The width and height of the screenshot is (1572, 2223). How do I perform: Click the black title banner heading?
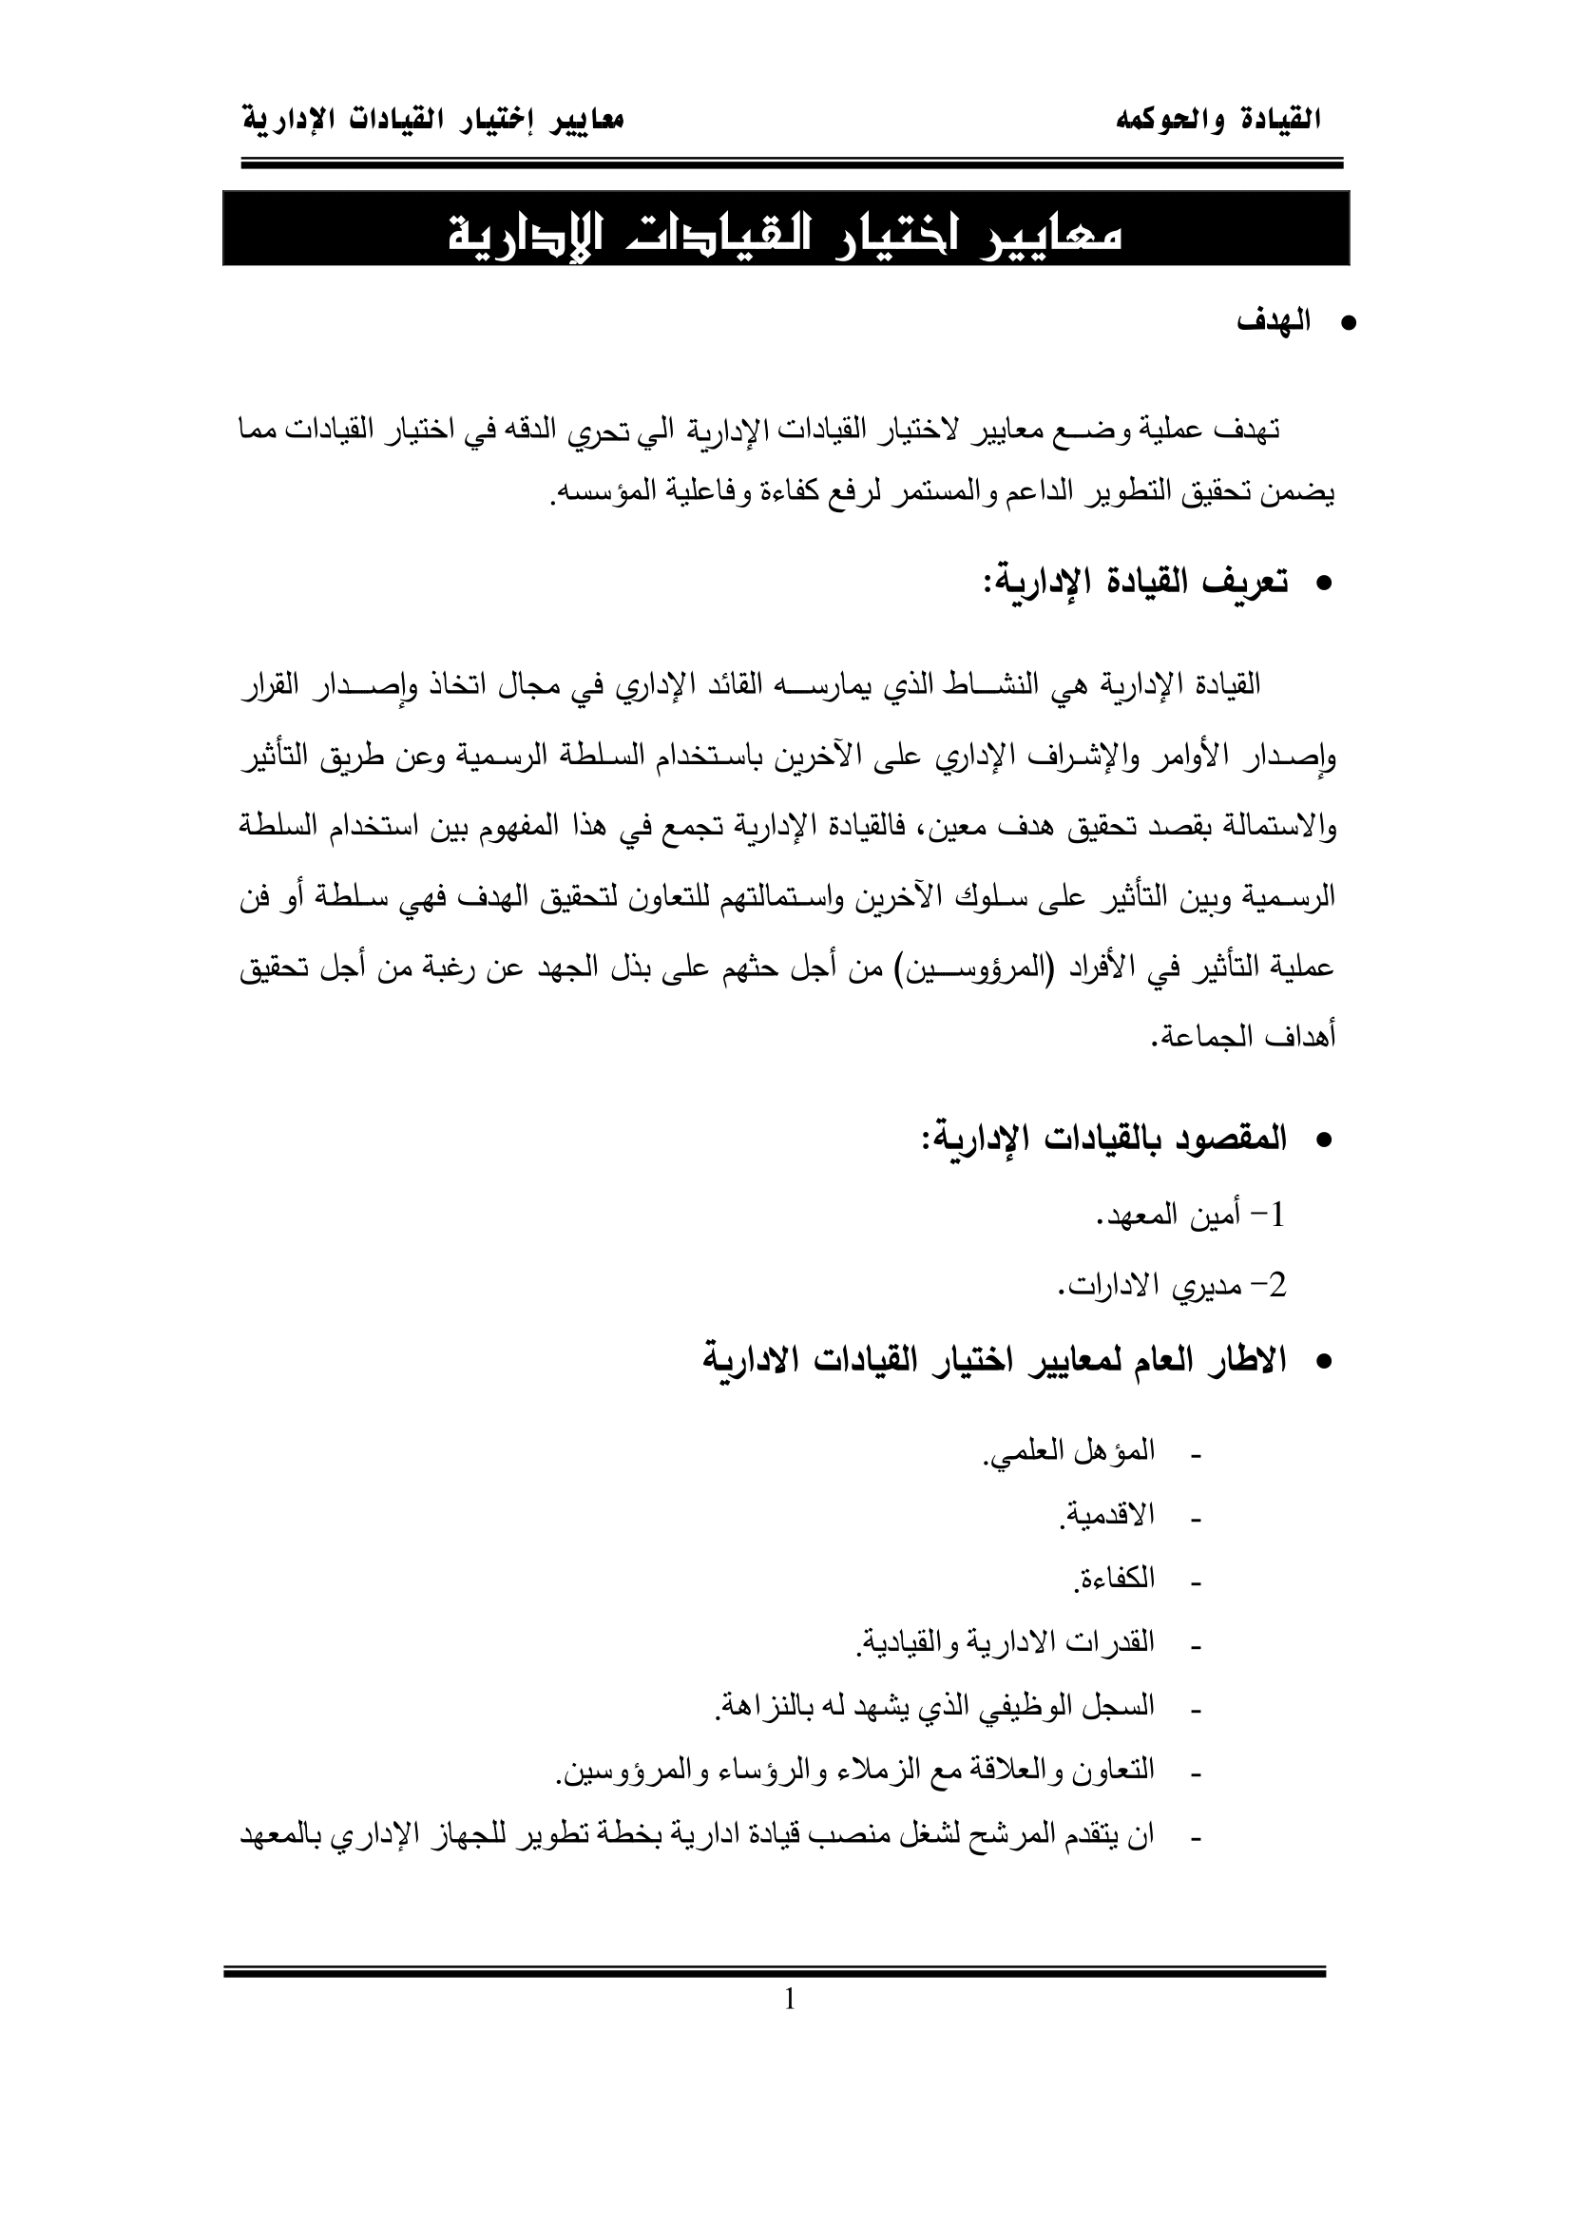(x=785, y=229)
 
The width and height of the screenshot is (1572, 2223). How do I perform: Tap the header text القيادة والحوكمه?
(x=1218, y=121)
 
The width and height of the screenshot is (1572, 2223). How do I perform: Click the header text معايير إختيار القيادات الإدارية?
(x=431, y=121)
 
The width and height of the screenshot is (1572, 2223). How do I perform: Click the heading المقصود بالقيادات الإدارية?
(x=1103, y=1140)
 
